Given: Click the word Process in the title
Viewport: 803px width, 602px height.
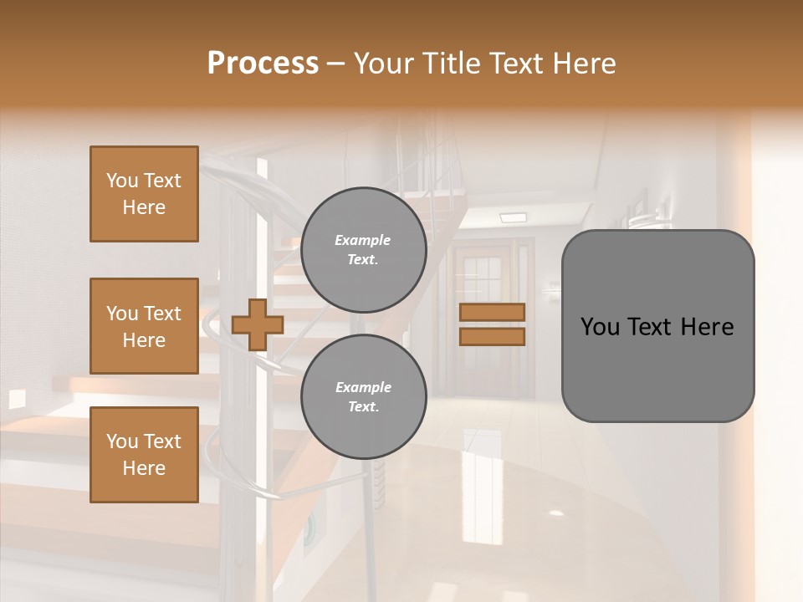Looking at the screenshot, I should pyautogui.click(x=263, y=64).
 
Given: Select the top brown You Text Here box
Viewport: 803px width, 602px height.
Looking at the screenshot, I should pyautogui.click(x=144, y=194).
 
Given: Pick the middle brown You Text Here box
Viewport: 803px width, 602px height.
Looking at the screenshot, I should pyautogui.click(x=144, y=326).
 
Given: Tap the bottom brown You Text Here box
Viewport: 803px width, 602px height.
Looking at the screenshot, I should pyautogui.click(x=144, y=454).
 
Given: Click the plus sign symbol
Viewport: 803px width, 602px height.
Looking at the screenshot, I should pyautogui.click(x=257, y=324).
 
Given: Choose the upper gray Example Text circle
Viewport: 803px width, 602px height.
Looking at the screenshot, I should pyautogui.click(x=363, y=250).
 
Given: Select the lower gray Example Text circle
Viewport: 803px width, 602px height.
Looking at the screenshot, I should pyautogui.click(x=363, y=397).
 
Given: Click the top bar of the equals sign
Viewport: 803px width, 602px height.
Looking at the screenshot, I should pyautogui.click(x=492, y=312).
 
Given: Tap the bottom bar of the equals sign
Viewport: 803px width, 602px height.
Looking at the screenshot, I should pyautogui.click(x=492, y=336).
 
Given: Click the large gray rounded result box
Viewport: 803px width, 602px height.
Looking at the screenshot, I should pyautogui.click(x=657, y=326).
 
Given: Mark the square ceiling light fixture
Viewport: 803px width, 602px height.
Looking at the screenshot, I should pyautogui.click(x=513, y=217).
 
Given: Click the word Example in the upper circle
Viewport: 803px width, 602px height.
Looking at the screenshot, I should pyautogui.click(x=363, y=240).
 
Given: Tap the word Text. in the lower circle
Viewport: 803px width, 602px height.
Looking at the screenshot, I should pyautogui.click(x=363, y=407).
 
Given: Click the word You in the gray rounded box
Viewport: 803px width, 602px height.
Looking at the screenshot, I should pyautogui.click(x=601, y=327).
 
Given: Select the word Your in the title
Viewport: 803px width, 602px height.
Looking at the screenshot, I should pyautogui.click(x=386, y=64).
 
